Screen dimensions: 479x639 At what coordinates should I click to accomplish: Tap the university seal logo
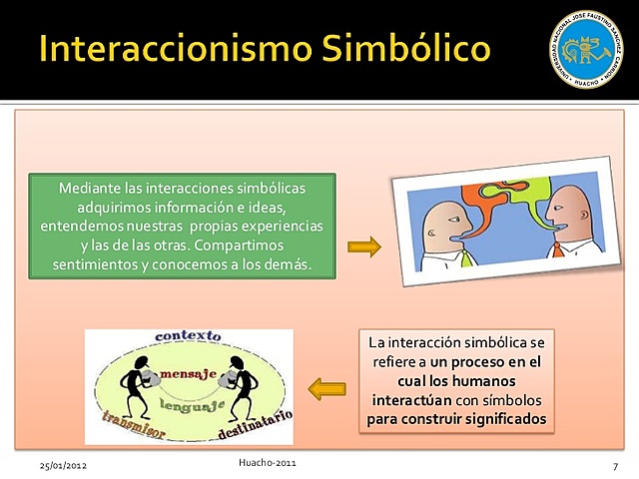tap(586, 49)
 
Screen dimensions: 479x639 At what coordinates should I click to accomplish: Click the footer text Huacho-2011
tap(268, 463)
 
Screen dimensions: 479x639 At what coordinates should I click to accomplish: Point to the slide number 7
tap(616, 466)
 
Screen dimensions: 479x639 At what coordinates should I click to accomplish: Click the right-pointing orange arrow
tap(364, 245)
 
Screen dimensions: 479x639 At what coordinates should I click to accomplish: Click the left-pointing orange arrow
tap(326, 389)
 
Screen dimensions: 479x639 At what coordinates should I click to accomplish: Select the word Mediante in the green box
tap(87, 189)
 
